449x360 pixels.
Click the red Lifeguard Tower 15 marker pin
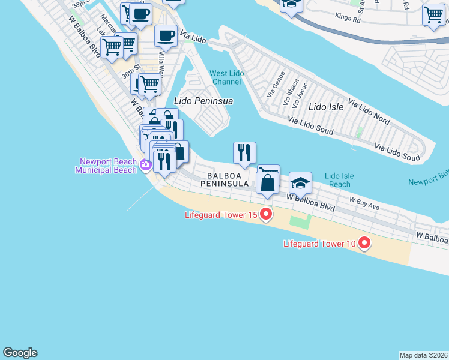(265, 215)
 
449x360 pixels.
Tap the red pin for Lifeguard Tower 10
(364, 243)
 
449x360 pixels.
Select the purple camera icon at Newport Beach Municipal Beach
(145, 165)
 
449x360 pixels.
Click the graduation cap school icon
(300, 181)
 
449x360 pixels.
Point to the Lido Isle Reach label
(339, 180)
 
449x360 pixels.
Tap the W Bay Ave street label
(364, 203)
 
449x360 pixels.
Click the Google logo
(20, 353)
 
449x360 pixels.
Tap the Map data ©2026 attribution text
(423, 355)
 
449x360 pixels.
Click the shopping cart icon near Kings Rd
(433, 14)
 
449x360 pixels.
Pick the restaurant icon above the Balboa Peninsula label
(244, 152)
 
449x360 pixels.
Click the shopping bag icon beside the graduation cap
(267, 182)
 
